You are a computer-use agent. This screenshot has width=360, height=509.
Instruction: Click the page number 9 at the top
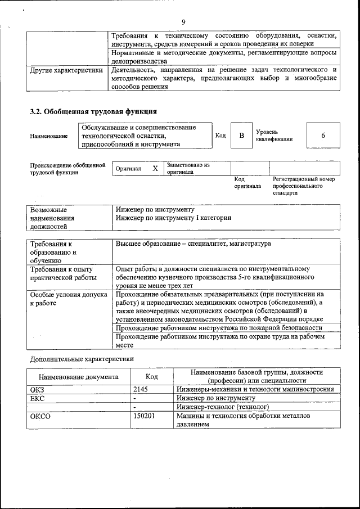[x=183, y=22]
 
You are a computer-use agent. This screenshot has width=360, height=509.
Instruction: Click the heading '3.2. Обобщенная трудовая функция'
[x=93, y=112]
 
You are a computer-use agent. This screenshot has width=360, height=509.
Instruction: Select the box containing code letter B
[x=241, y=136]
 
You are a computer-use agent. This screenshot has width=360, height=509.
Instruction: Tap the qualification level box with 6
[x=323, y=136]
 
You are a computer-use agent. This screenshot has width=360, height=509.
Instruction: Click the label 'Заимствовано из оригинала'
[x=188, y=169]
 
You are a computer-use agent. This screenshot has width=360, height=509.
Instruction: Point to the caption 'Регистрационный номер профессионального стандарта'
[x=304, y=186]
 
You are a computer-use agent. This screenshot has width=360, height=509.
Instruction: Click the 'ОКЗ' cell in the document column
[x=37, y=389]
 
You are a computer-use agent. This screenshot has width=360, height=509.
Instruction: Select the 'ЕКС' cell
[x=37, y=398]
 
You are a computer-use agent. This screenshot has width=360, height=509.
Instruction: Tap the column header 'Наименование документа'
[x=78, y=377]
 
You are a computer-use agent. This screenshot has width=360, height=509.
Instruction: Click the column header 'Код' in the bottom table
[x=151, y=377]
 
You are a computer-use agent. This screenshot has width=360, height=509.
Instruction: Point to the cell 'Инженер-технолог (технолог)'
[x=222, y=406]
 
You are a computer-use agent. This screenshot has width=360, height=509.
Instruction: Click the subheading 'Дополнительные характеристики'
[x=82, y=358]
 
